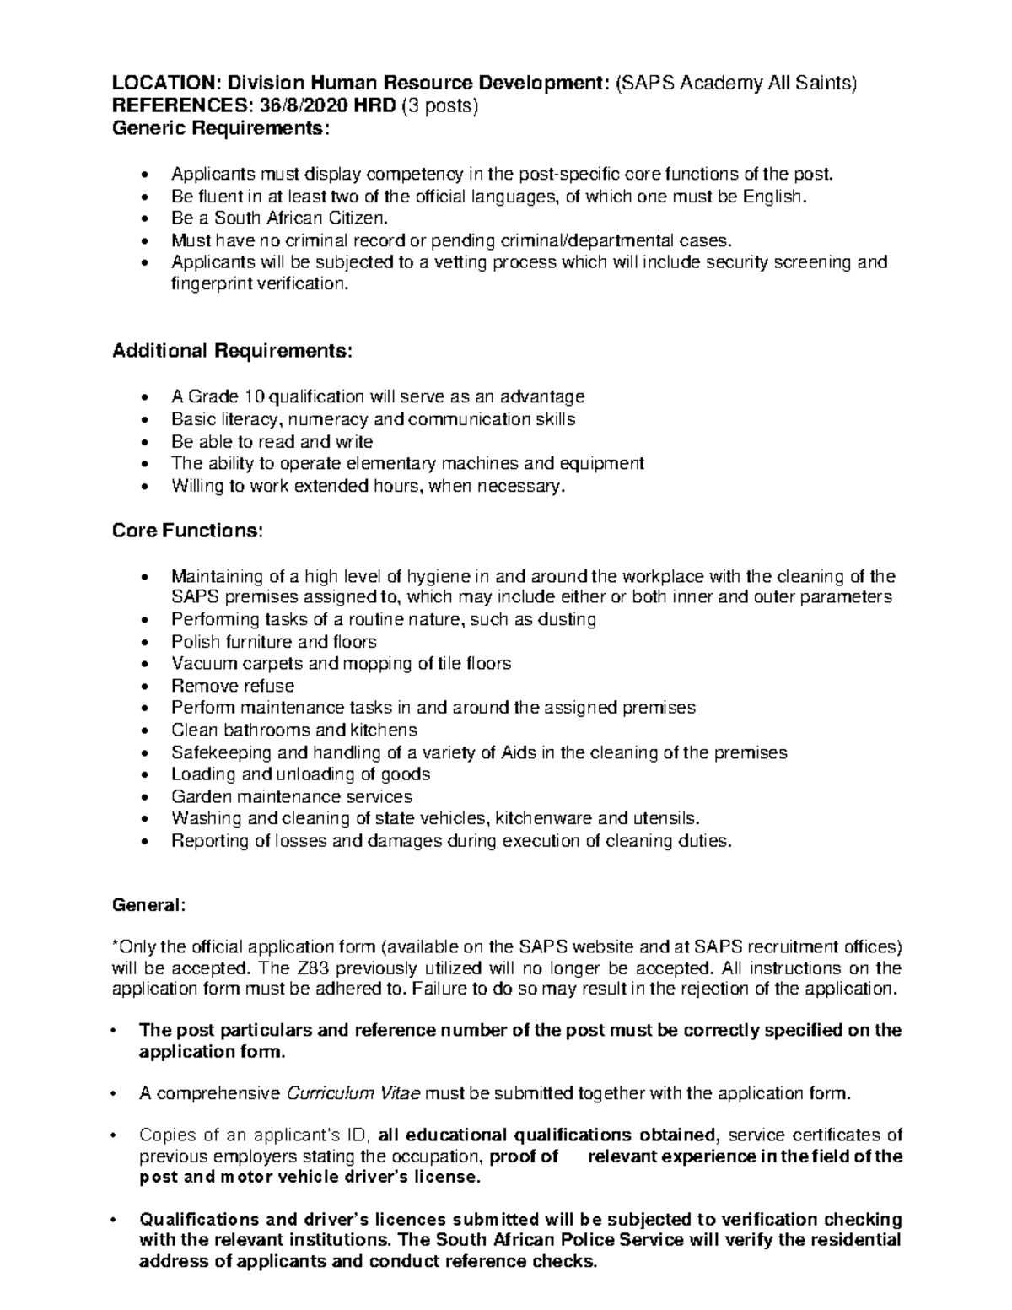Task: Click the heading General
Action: (x=147, y=905)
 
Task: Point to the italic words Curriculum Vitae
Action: (x=353, y=1094)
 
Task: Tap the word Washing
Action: (x=206, y=818)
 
